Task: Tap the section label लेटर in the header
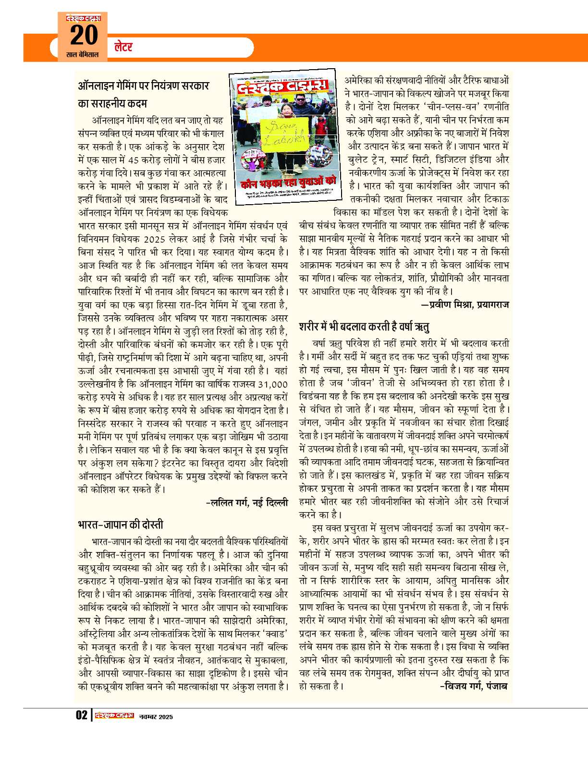[x=123, y=47]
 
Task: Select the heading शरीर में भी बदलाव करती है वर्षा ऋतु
[x=364, y=327]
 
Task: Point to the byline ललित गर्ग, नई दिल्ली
[x=246, y=503]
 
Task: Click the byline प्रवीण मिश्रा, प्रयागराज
[x=465, y=305]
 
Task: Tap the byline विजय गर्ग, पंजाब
[x=474, y=686]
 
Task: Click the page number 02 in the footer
[x=81, y=715]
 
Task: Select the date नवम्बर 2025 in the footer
[x=155, y=716]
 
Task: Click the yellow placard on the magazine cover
[x=284, y=136]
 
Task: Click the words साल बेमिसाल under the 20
[x=82, y=55]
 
